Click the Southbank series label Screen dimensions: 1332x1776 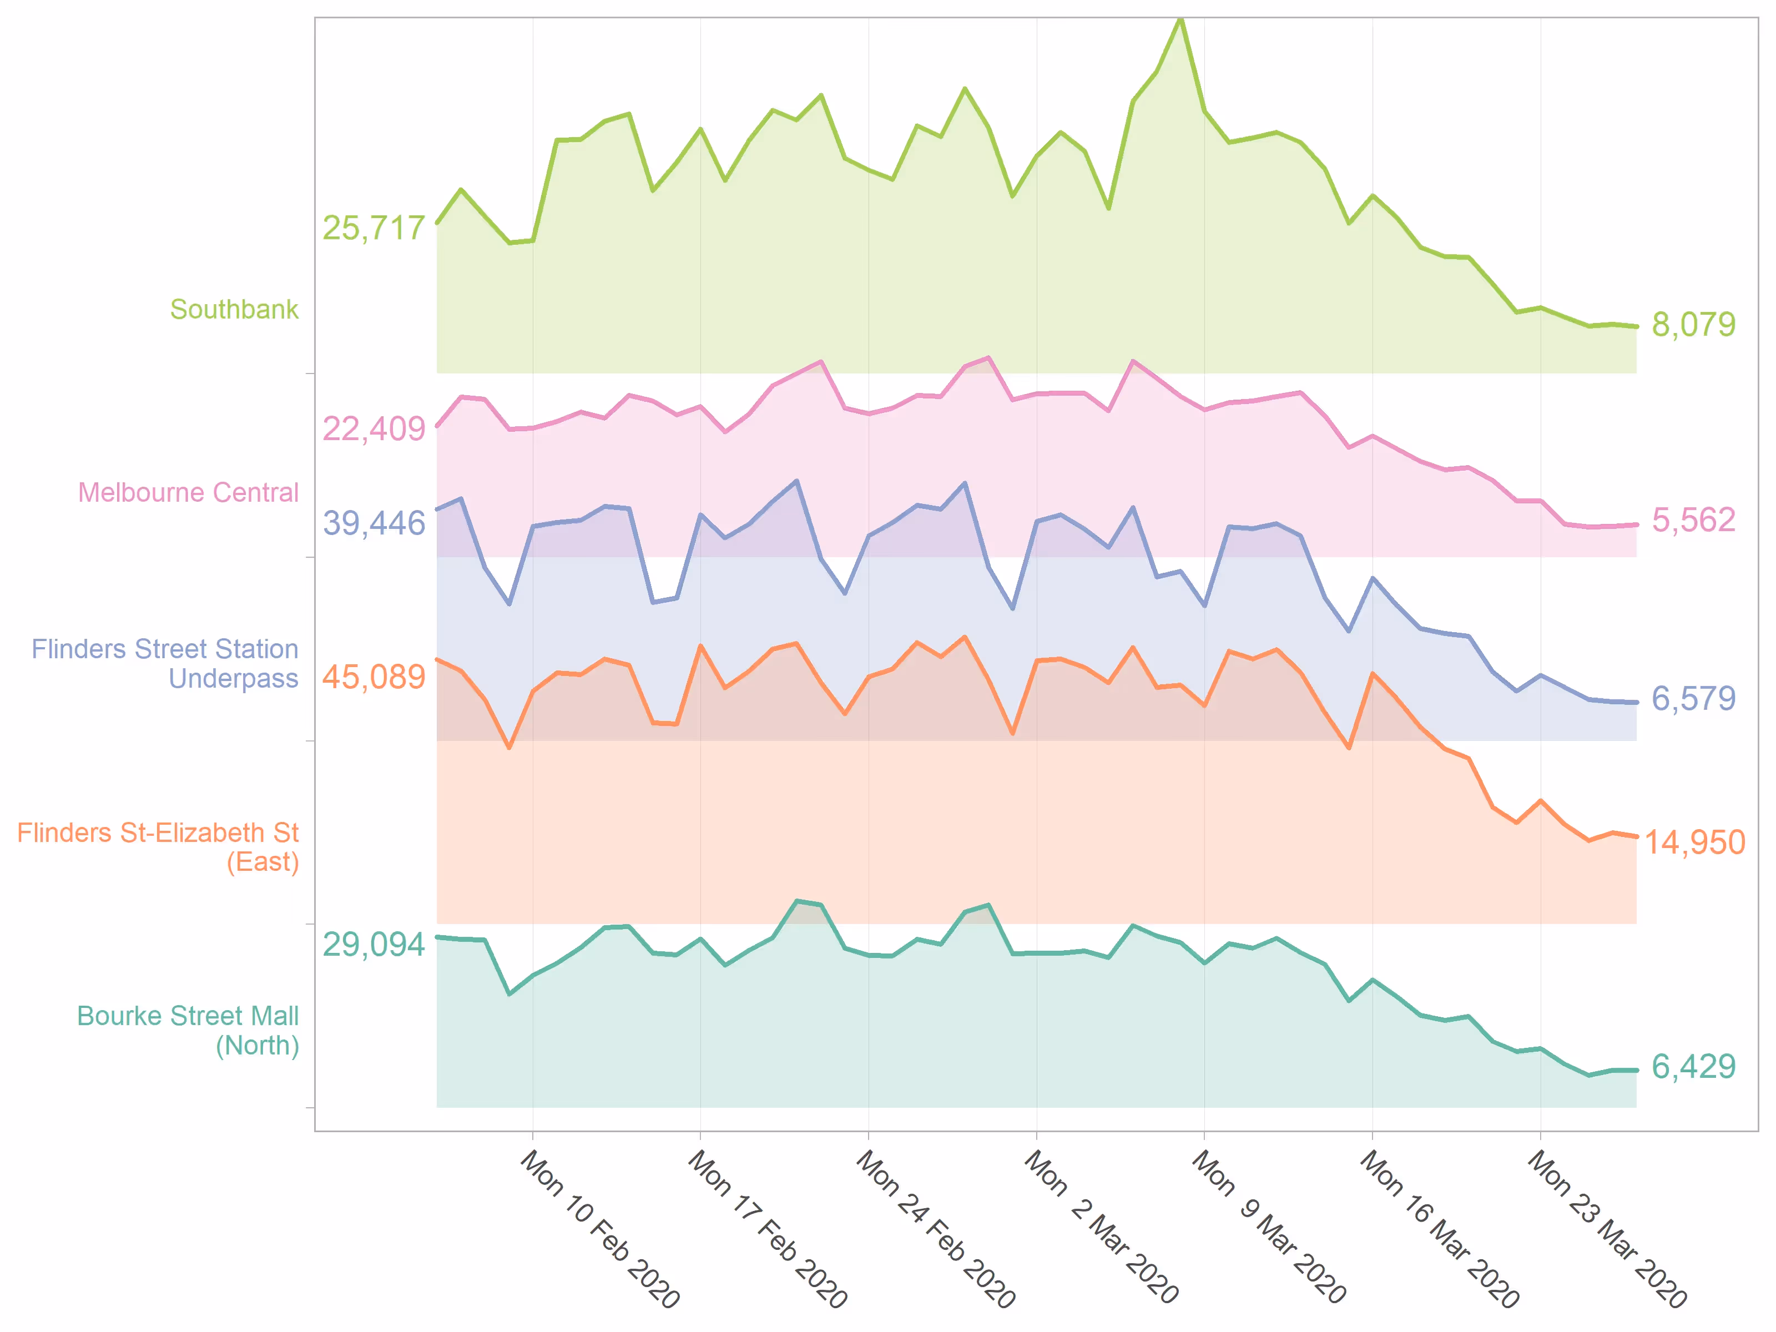tap(234, 309)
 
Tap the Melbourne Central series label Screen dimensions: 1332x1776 tap(188, 492)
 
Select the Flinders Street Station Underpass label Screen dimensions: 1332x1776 tap(165, 663)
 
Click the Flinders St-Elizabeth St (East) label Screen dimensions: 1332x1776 tap(158, 847)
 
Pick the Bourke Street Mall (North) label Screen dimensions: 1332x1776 tap(188, 1030)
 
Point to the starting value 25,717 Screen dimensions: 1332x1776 tap(374, 228)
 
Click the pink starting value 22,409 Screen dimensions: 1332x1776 tap(374, 429)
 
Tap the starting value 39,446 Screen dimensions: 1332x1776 tap(374, 523)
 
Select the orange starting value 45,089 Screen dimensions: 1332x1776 tap(374, 677)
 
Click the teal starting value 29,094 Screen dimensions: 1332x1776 tap(374, 944)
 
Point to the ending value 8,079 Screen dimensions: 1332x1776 tap(1693, 324)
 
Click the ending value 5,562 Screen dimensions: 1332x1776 tap(1693, 520)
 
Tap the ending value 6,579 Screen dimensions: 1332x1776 tap(1693, 699)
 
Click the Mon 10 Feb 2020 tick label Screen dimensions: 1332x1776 tap(600, 1228)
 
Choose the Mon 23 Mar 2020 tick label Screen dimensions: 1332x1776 tap(1607, 1228)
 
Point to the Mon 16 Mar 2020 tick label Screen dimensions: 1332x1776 tap(1439, 1228)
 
